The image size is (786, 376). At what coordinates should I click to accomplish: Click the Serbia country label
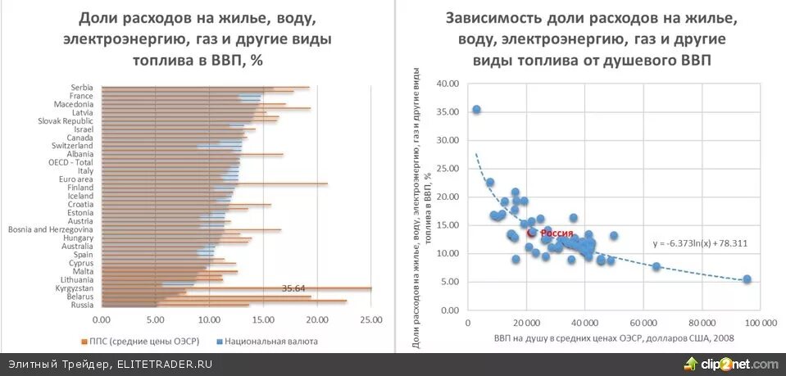click(81, 88)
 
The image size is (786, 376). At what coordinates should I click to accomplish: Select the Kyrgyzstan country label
click(72, 288)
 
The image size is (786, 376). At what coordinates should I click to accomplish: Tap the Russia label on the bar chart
click(82, 305)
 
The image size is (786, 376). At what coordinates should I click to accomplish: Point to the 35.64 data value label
click(293, 288)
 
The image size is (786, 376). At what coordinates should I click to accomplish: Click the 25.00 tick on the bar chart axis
click(370, 319)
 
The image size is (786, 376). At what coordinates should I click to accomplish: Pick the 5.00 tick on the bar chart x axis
click(156, 319)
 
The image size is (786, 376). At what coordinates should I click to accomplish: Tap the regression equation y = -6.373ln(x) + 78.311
click(700, 243)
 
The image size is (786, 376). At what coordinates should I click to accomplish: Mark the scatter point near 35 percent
click(476, 109)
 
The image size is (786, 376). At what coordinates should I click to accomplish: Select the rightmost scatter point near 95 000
click(747, 279)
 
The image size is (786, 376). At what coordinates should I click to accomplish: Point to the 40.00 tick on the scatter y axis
click(446, 84)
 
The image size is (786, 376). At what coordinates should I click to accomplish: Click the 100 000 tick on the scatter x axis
click(760, 323)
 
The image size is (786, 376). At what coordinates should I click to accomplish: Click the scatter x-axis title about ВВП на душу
click(614, 338)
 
